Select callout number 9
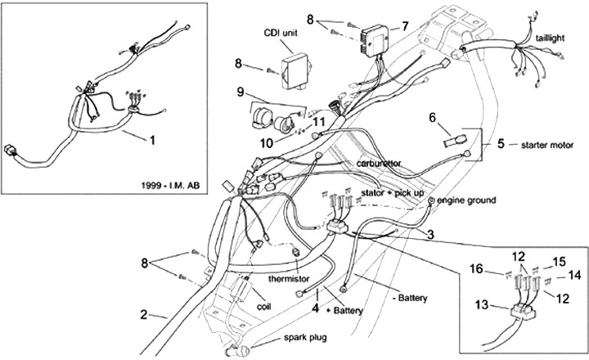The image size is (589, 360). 241,90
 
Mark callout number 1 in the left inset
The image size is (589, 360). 151,139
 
